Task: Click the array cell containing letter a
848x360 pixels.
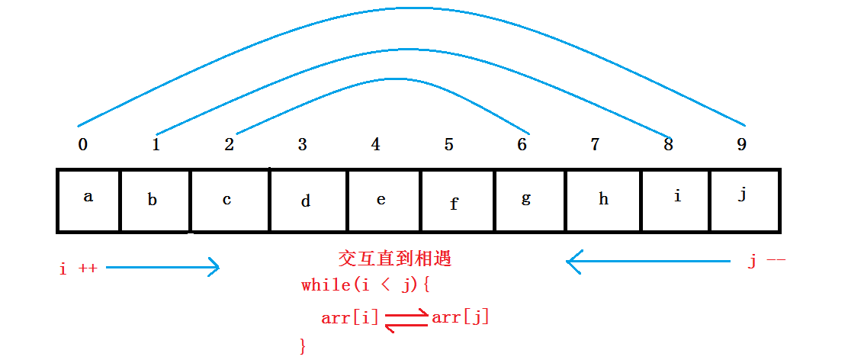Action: pos(88,201)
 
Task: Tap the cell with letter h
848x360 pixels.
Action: pos(603,201)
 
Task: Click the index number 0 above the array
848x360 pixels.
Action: pos(82,145)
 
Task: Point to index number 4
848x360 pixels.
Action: pos(375,144)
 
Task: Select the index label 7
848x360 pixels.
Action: pos(596,144)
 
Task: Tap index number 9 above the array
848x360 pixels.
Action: pos(742,144)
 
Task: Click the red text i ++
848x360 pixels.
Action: pos(78,268)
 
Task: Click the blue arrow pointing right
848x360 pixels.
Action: pos(162,267)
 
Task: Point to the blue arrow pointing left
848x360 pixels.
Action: pos(648,262)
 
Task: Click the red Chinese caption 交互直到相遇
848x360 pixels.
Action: pos(394,259)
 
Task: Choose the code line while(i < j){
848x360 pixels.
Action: pos(367,285)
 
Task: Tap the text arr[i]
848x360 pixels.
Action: pos(350,317)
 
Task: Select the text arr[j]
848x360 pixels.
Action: pos(461,317)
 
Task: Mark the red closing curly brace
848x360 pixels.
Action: pos(303,346)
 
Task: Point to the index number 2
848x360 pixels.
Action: pos(229,144)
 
